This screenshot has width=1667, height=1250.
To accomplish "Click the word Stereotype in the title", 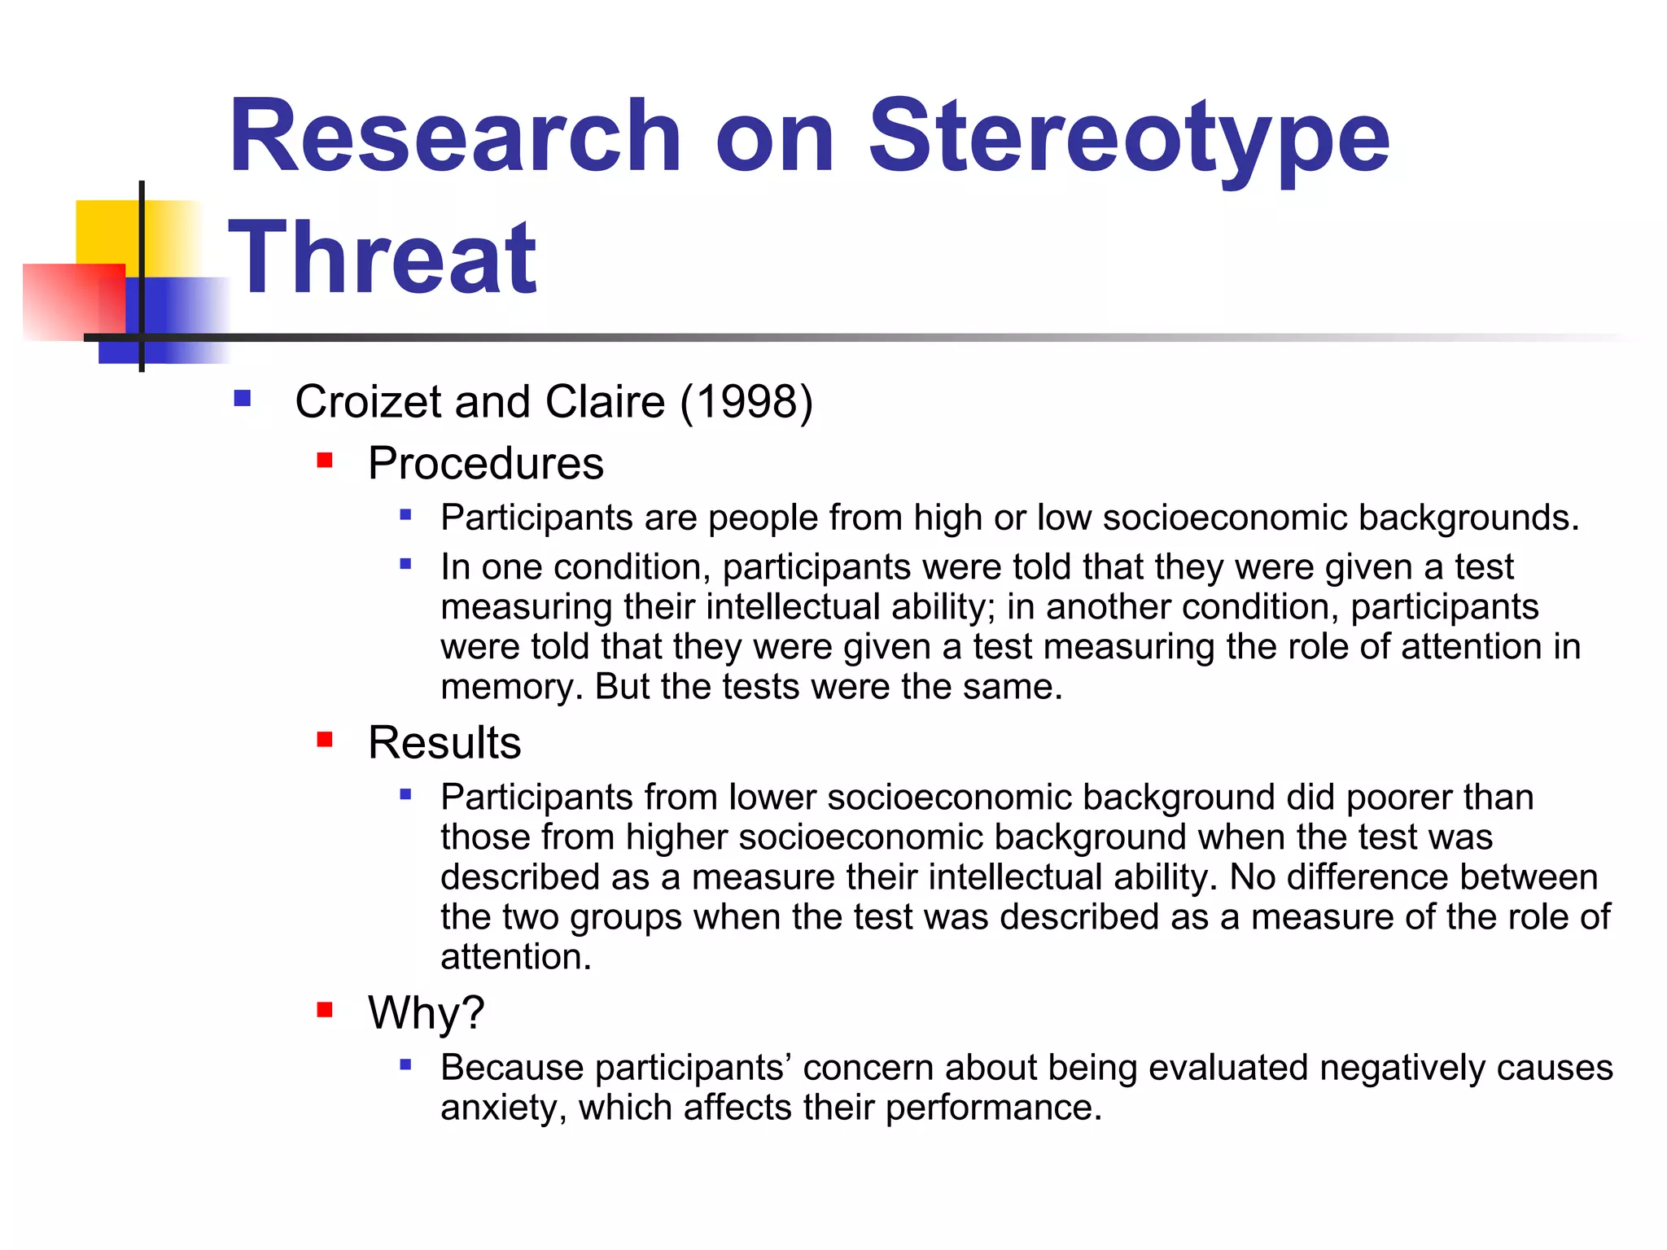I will tap(1129, 138).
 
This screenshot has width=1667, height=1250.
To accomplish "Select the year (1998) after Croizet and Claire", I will tap(746, 402).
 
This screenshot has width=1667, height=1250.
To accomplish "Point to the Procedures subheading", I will tap(485, 464).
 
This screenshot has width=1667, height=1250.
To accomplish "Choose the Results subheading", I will tap(444, 742).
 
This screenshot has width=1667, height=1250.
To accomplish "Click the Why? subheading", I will tap(426, 1013).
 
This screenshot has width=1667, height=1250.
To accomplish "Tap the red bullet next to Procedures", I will tap(325, 461).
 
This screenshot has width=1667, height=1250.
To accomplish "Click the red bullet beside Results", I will tap(325, 740).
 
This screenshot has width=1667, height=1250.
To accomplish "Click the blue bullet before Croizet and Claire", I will tap(242, 399).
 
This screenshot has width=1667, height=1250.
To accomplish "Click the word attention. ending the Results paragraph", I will tap(515, 957).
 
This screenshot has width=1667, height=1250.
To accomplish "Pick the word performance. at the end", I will tap(993, 1108).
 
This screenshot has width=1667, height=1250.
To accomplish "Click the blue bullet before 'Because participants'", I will tap(405, 1064).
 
